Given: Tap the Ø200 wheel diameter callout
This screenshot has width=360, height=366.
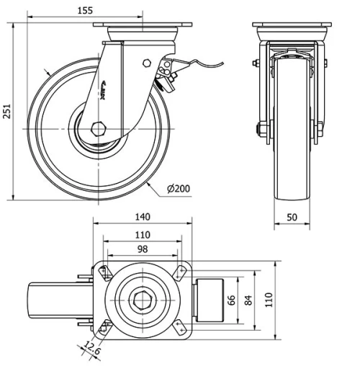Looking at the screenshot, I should coord(178,189).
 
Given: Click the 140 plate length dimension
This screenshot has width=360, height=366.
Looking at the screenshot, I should coord(142,217).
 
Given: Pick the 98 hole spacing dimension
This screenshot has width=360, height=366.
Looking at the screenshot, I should coord(142,249).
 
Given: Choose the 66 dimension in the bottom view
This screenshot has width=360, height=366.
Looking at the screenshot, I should coord(232,299).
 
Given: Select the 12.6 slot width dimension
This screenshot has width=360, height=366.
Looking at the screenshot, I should coord(89,350).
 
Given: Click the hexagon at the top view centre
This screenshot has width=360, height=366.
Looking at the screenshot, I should coord(142,299).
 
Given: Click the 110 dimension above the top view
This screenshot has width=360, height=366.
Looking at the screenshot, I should coord(142,234).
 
